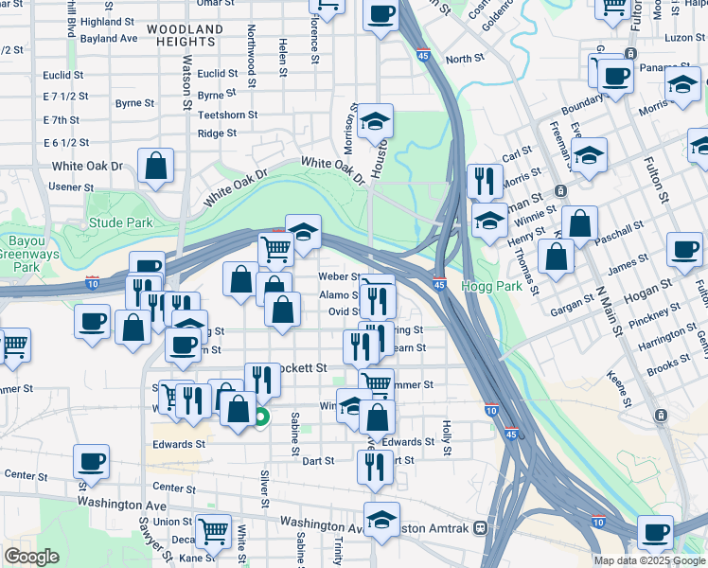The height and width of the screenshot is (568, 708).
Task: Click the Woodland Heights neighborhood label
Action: (185, 36)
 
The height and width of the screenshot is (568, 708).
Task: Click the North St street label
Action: (465, 59)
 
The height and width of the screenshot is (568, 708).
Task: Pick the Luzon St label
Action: (685, 37)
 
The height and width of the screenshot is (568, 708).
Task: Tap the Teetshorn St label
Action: (228, 115)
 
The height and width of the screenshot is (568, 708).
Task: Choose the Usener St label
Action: (66, 187)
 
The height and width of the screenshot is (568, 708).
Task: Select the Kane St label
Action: (198, 558)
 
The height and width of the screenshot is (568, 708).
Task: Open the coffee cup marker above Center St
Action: (91, 461)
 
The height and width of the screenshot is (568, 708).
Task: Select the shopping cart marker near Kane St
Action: (213, 530)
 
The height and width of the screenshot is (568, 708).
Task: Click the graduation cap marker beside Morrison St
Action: (375, 120)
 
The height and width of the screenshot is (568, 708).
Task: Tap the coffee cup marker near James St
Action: (684, 249)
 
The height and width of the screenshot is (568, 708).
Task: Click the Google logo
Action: (32, 557)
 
